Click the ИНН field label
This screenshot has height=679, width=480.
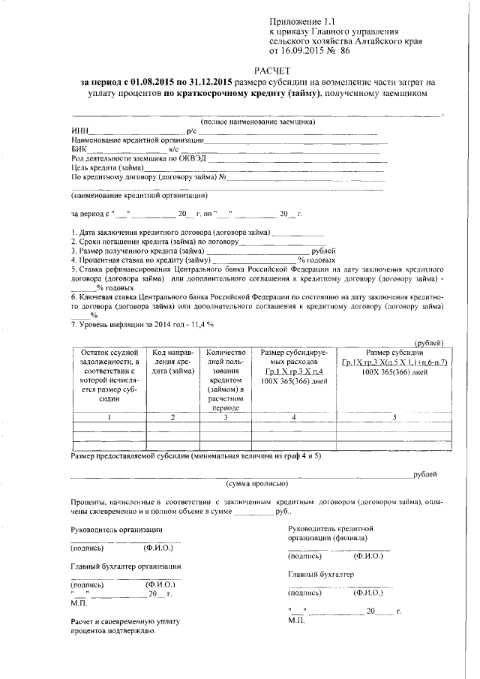pyautogui.click(x=78, y=131)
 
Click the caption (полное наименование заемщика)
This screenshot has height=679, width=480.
pyautogui.click(x=257, y=122)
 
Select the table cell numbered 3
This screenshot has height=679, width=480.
pyautogui.click(x=226, y=417)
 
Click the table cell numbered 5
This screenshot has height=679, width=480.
pyautogui.click(x=394, y=417)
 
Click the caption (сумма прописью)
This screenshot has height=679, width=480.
pyautogui.click(x=257, y=485)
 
